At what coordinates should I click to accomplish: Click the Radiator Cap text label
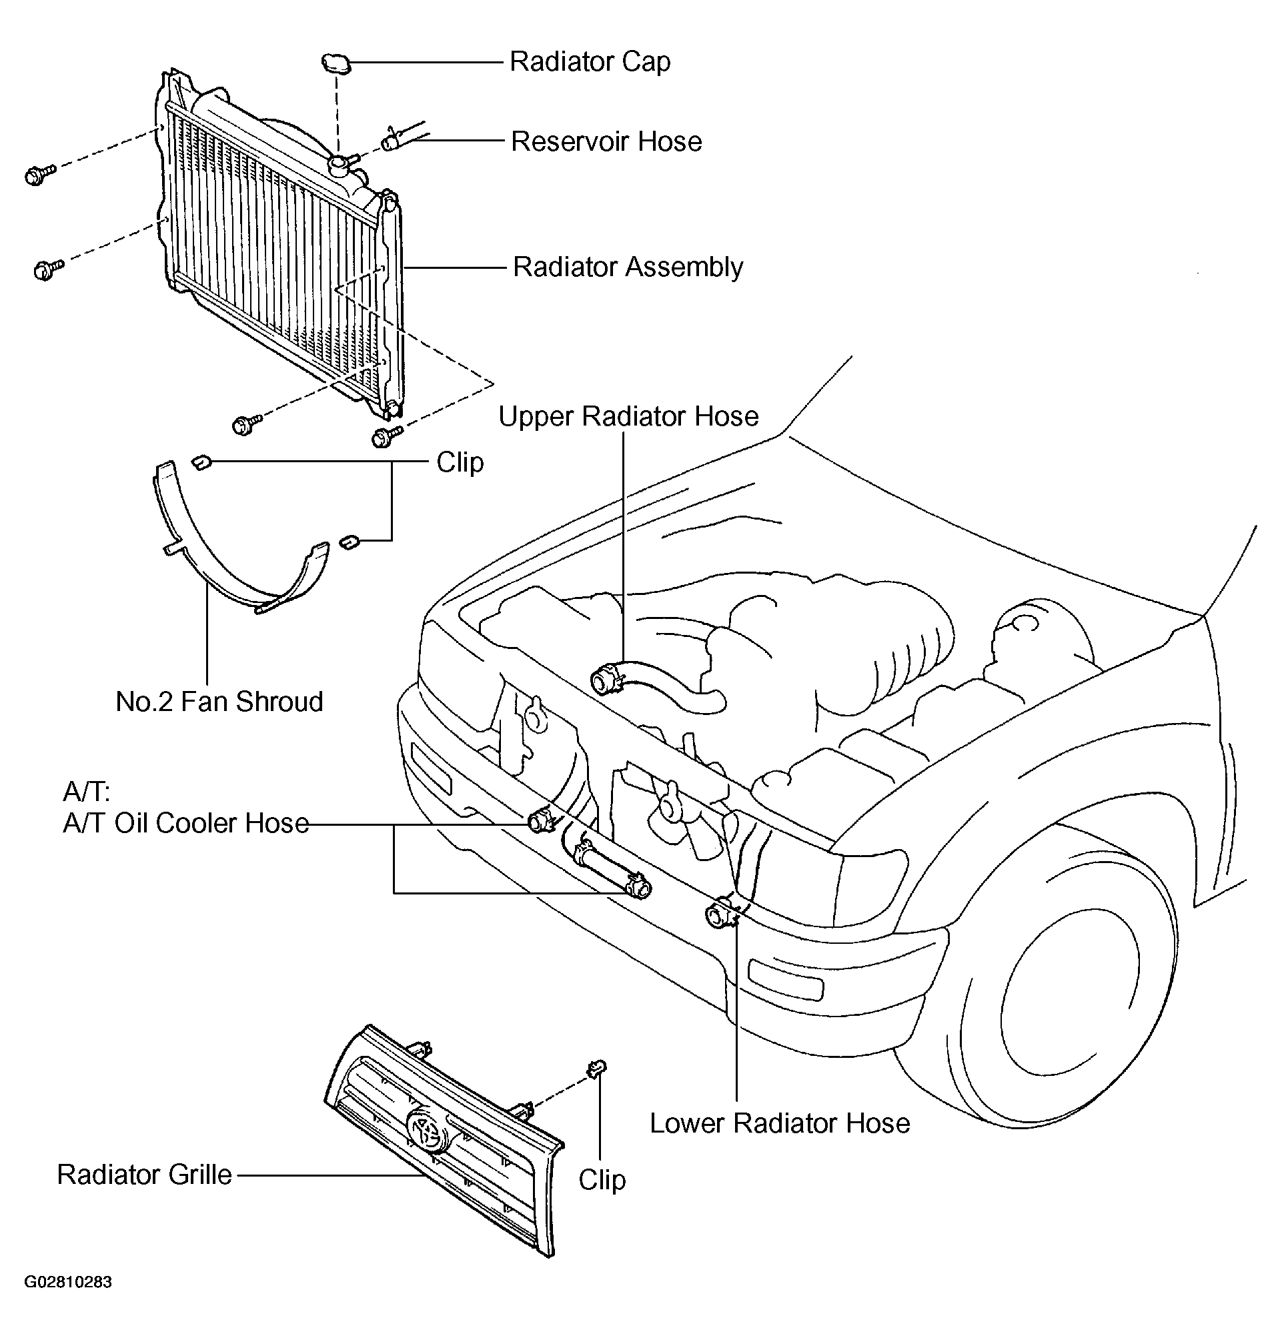click(x=590, y=62)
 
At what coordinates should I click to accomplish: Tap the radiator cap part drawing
click(x=336, y=63)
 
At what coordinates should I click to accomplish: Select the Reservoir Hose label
click(x=606, y=142)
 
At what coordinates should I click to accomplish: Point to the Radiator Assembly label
click(x=628, y=267)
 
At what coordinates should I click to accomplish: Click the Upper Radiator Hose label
click(x=628, y=416)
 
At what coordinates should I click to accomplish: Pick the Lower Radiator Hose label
click(x=780, y=1124)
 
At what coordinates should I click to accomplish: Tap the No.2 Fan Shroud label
click(x=219, y=702)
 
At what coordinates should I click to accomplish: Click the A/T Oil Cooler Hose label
click(x=185, y=823)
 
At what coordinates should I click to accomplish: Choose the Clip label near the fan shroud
click(x=460, y=462)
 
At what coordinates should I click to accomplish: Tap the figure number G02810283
click(x=68, y=1282)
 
